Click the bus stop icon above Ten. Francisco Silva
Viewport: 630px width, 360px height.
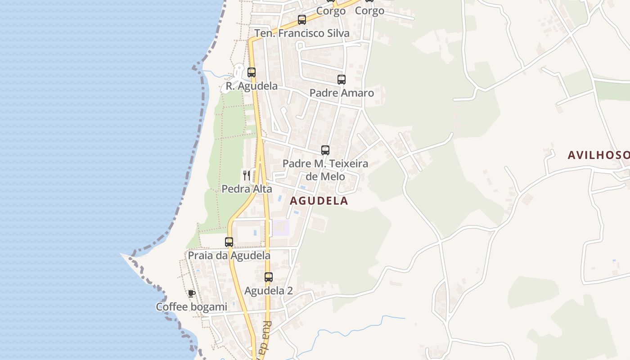[302, 20]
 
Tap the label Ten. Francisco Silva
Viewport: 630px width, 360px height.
[301, 33]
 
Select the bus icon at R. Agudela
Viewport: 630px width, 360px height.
[252, 72]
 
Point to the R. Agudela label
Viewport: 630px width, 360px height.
[252, 86]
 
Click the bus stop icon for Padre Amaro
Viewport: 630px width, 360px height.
[342, 80]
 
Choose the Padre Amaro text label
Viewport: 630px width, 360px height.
[342, 93]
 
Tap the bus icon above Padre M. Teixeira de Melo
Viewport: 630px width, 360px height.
[325, 150]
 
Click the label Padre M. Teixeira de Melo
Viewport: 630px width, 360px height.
[325, 170]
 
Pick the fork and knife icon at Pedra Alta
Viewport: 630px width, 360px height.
[247, 175]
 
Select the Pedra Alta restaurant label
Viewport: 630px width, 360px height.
[247, 189]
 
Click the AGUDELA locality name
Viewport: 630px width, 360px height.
[319, 201]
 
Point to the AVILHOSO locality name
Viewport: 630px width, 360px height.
[598, 155]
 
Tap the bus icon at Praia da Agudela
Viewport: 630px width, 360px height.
[229, 242]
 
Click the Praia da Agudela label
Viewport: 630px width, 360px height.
[229, 256]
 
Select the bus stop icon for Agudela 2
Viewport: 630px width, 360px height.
[269, 277]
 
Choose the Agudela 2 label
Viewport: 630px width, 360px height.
[269, 291]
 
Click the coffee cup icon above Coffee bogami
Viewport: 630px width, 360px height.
[192, 293]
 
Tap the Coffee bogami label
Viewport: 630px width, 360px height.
[192, 307]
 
